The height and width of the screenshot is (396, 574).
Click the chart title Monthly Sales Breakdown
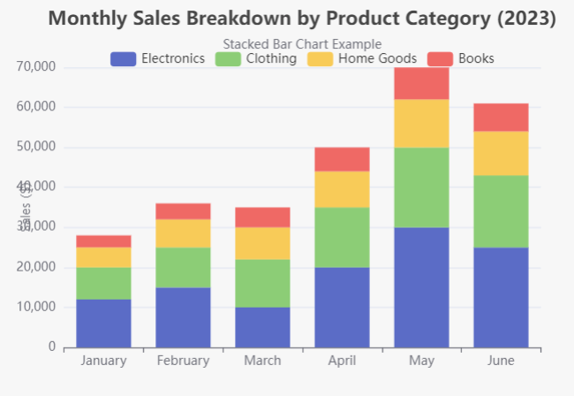pyautogui.click(x=302, y=19)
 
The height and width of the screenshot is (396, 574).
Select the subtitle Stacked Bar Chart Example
pyautogui.click(x=302, y=43)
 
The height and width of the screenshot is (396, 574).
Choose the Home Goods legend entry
pyautogui.click(x=359, y=58)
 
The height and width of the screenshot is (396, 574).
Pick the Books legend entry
pyautogui.click(x=460, y=58)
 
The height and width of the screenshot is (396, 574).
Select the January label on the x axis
pyautogui.click(x=103, y=361)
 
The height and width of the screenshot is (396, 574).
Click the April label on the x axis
pyautogui.click(x=342, y=361)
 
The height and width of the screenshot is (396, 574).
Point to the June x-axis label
pyautogui.click(x=501, y=361)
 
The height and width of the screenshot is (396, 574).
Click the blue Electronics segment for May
pyautogui.click(x=421, y=287)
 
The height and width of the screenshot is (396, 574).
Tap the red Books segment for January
pyautogui.click(x=103, y=240)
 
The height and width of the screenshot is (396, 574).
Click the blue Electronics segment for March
pyautogui.click(x=262, y=327)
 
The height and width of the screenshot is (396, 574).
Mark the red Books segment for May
pyautogui.click(x=421, y=83)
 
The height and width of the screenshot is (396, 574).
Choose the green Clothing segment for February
pyautogui.click(x=183, y=267)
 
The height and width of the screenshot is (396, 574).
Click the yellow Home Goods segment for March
pyautogui.click(x=262, y=243)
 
